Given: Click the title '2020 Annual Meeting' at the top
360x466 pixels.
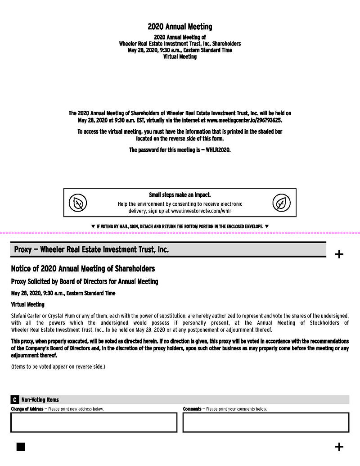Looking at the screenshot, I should tap(180, 27).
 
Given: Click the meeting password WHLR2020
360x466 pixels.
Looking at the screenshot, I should tap(218, 150).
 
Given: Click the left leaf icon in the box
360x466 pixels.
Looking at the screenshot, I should tap(78, 204).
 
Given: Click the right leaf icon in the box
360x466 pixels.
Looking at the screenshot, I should tap(281, 204).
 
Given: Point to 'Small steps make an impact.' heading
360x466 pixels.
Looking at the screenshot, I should tap(180, 195).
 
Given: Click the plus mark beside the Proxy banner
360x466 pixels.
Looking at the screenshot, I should tap(339, 254).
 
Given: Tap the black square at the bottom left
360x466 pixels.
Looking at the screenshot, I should tap(21, 447).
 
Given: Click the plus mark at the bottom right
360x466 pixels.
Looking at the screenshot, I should tap(339, 447).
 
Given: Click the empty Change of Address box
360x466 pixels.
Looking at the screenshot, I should tap(94, 422).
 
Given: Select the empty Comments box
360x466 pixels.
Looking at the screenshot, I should tap(265, 422).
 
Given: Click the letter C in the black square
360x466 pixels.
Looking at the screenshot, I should tap(15, 400).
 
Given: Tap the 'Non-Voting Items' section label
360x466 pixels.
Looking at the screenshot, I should tap(40, 400).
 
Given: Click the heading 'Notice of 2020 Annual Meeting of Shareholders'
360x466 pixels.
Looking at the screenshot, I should tap(83, 269).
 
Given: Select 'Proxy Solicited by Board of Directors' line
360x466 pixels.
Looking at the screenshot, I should tap(85, 282).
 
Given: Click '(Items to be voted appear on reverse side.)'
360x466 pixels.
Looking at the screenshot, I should tap(58, 366).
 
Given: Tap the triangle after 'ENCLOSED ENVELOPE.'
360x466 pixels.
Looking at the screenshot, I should tap(267, 226).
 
